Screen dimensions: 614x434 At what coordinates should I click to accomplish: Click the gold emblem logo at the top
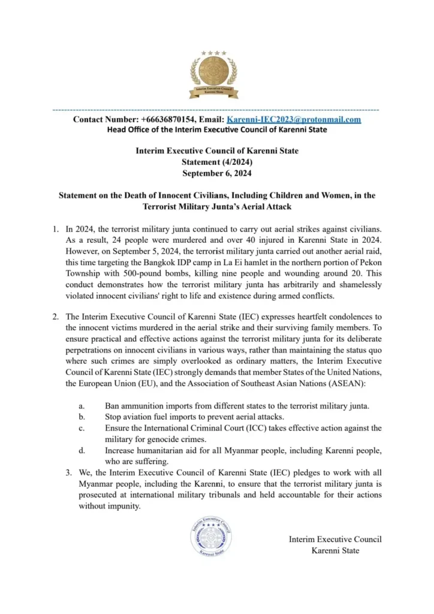click(x=214, y=74)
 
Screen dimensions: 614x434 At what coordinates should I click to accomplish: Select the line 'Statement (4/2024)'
click(x=216, y=162)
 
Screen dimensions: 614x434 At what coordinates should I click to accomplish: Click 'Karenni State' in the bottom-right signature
click(x=335, y=550)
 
